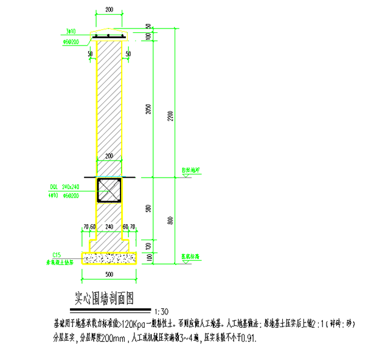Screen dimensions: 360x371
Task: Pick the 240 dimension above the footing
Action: (109, 226)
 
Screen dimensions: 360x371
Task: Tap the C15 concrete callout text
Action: (58, 255)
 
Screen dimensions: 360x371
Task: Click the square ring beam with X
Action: (109, 190)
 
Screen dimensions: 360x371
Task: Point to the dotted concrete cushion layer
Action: (109, 259)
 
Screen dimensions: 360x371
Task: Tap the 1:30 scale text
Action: (162, 308)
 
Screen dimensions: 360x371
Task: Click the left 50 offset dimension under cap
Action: (90, 54)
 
